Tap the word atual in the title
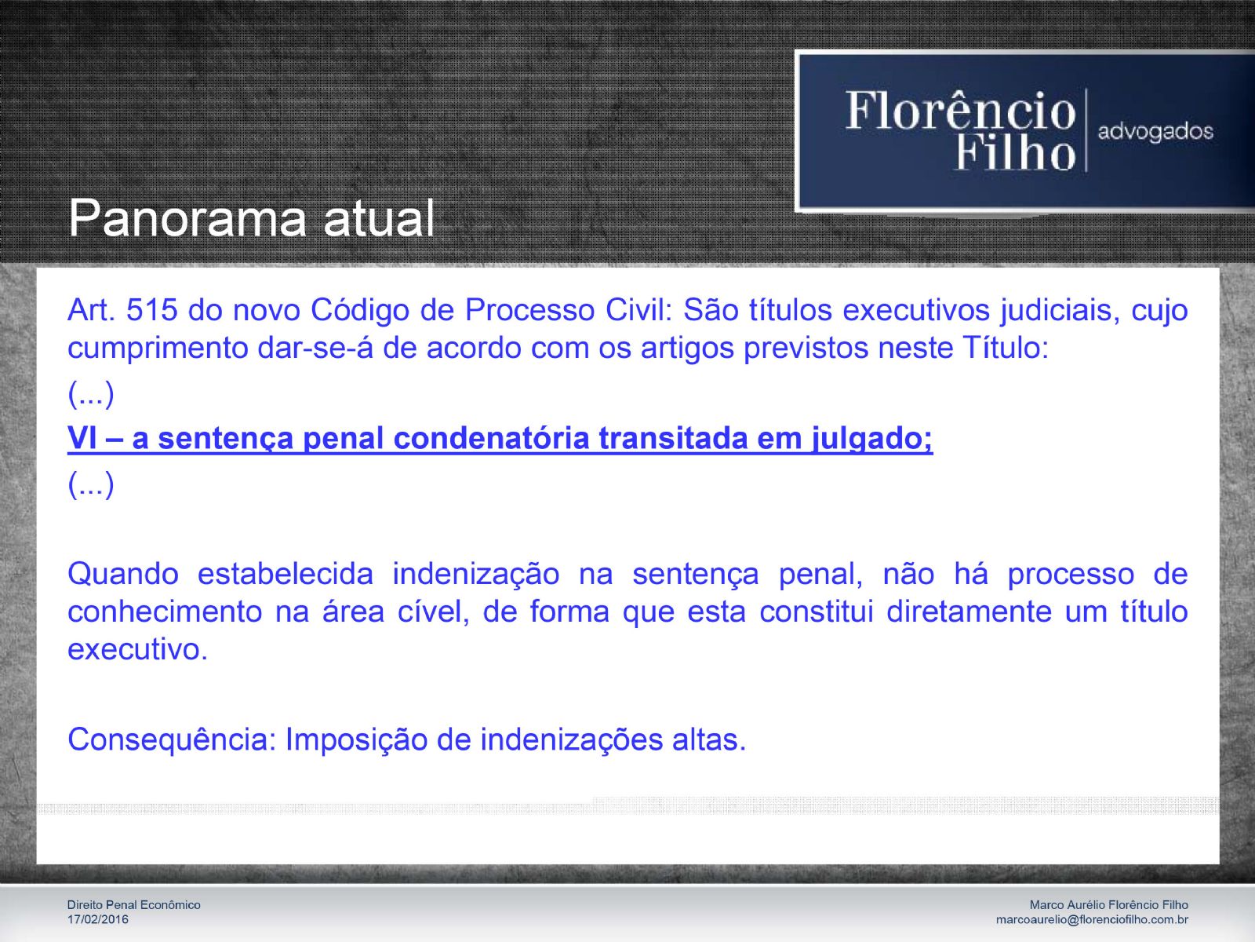point(379,218)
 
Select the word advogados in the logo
point(1155,132)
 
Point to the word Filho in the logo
point(1016,152)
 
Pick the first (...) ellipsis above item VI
point(91,393)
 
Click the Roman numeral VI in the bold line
point(81,438)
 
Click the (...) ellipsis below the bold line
point(91,484)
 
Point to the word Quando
point(123,575)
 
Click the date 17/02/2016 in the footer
point(98,920)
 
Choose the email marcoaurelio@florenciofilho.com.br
point(1092,920)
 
